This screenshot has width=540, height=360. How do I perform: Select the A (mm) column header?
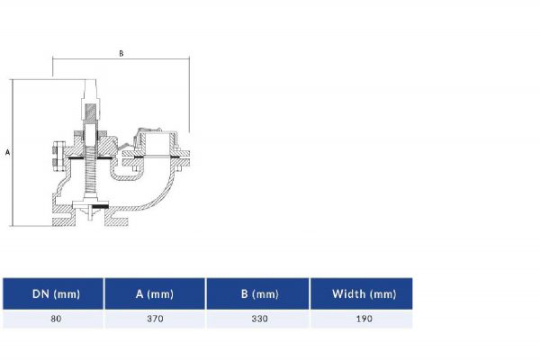155,293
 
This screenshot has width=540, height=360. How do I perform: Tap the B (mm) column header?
258,293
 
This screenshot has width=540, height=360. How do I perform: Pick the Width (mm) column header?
362,293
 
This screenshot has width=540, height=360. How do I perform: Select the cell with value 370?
155,319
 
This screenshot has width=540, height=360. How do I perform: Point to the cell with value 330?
258,319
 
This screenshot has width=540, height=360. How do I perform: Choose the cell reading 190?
362,319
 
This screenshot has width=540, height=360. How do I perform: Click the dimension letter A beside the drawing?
7,153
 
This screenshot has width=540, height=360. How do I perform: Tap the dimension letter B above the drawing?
121,54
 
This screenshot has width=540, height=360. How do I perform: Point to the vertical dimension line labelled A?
13,153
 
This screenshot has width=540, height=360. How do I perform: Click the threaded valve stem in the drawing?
92,180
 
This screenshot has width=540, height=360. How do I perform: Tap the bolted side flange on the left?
58,157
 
